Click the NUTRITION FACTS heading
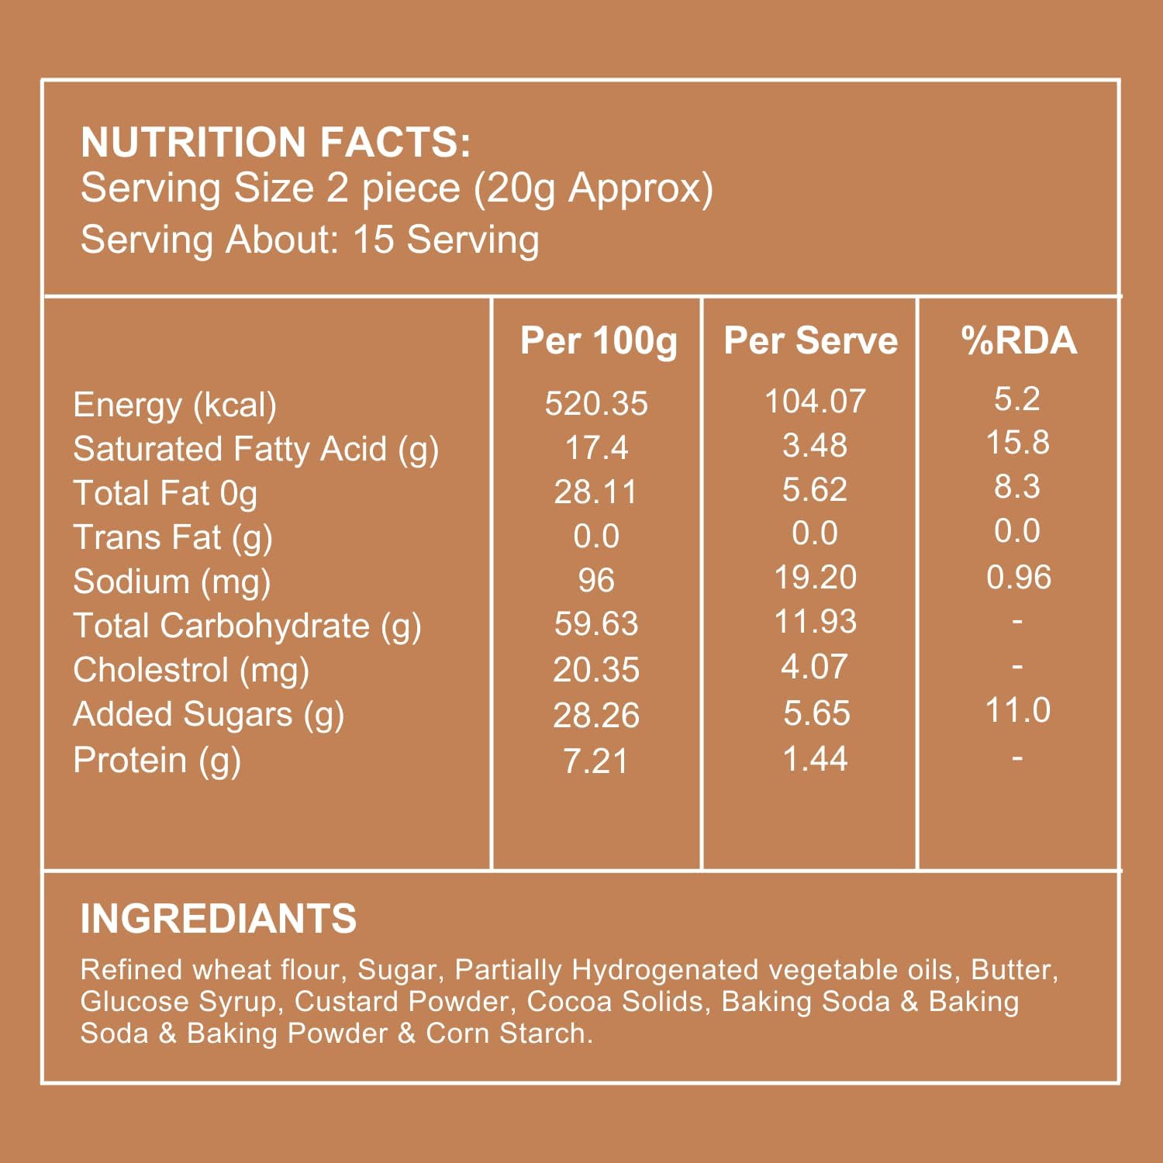tap(275, 142)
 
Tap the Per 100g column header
tap(599, 341)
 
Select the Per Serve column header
tap(811, 340)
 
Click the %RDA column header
tap(1019, 340)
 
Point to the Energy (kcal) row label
tap(174, 405)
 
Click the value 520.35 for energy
tap(596, 403)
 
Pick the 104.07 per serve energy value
tap(815, 401)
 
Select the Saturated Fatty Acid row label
tap(256, 450)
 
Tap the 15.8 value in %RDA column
tap(1017, 443)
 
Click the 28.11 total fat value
tap(595, 492)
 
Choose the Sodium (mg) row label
tap(171, 582)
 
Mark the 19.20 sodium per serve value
tap(816, 577)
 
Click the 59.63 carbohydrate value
tap(596, 623)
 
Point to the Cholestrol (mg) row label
tap(191, 671)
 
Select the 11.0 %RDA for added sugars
tap(1017, 710)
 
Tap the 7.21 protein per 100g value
tap(595, 761)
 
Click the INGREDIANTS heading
tap(219, 919)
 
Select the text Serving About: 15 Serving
tap(310, 240)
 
